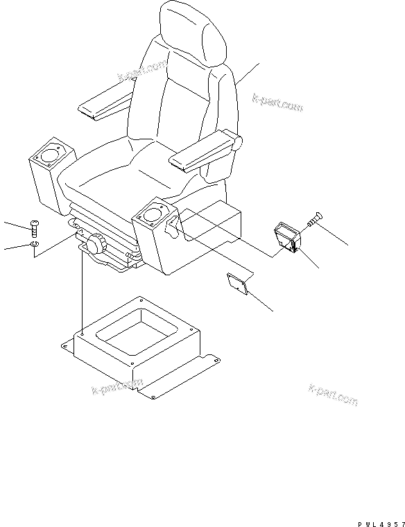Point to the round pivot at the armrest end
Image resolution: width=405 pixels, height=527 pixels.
(x=238, y=144)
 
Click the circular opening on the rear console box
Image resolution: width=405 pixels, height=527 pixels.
(x=51, y=153)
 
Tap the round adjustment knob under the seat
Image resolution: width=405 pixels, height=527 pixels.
(x=95, y=244)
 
